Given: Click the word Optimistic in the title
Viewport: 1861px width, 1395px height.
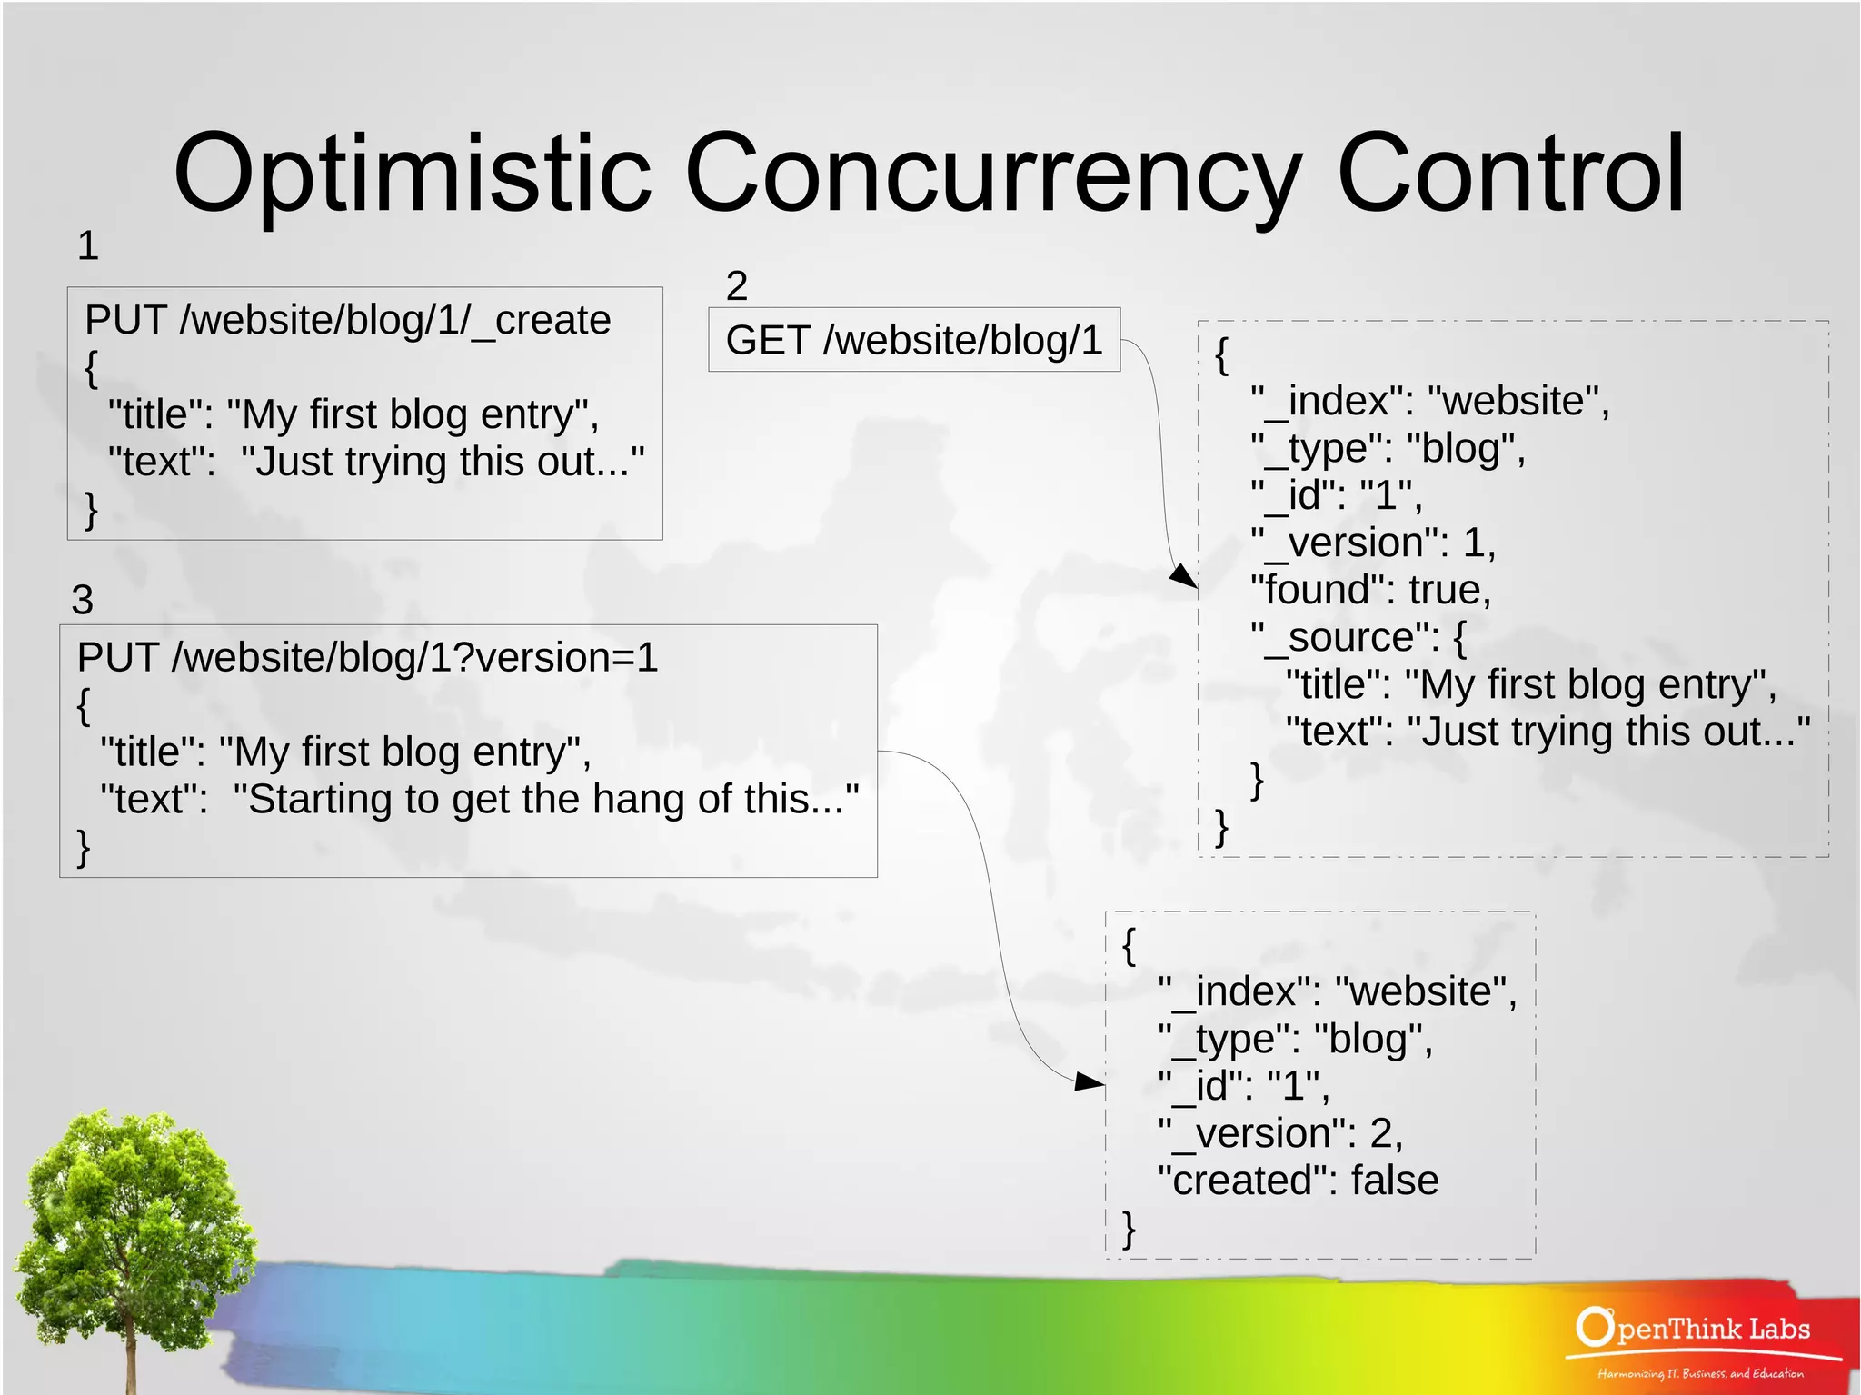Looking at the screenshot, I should tap(413, 173).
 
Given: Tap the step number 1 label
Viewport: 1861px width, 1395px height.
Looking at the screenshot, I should tap(87, 245).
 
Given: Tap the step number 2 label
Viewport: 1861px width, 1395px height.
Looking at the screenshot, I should tap(736, 286).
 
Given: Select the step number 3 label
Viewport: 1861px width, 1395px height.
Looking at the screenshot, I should tap(83, 600).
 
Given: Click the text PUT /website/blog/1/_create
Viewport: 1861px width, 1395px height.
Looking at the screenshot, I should tap(347, 320).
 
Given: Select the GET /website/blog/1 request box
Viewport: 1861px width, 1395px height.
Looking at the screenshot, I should tap(913, 340).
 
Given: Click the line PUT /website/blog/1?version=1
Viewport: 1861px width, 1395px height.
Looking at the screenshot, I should tap(367, 657).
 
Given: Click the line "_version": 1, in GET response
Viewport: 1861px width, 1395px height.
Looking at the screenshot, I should tap(1372, 543).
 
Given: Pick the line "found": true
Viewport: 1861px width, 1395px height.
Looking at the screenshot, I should tap(1370, 590).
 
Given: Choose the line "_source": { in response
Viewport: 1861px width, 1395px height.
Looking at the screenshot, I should tap(1358, 637).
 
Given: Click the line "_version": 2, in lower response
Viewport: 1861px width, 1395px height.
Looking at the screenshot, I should tap(1279, 1133).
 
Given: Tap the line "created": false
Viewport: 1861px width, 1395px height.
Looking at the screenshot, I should tap(1298, 1181).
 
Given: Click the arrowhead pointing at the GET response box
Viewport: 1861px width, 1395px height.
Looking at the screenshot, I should tap(1183, 576).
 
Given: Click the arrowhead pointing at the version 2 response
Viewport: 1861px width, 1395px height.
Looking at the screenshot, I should tap(1090, 1081).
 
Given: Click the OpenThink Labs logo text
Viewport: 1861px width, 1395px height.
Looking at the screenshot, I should tap(1695, 1329).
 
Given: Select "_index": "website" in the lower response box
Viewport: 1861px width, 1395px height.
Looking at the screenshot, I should tap(1336, 991).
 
